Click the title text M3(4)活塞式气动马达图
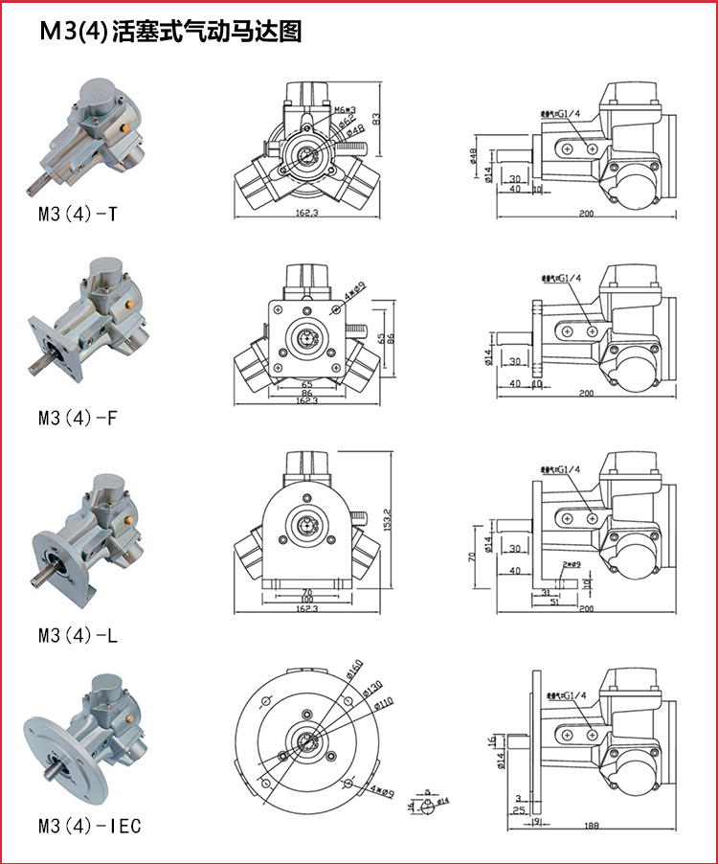170,32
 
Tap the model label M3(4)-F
79,418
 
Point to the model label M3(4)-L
79,635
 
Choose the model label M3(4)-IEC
89,825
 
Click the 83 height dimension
377,118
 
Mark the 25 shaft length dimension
517,810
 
